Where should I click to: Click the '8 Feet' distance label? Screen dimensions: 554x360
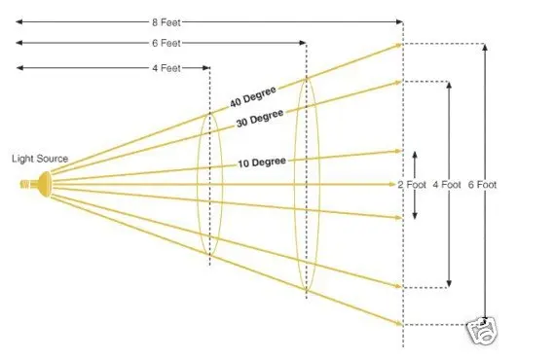(166, 22)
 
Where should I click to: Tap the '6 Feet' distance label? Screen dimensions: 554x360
(166, 43)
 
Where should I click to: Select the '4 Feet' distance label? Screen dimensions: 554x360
(166, 68)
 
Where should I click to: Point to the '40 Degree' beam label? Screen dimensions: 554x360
(252, 96)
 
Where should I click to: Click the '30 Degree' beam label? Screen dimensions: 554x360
(260, 118)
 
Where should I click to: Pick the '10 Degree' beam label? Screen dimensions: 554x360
(262, 162)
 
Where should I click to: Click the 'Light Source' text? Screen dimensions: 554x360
(40, 159)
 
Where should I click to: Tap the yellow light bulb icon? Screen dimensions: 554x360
(36, 184)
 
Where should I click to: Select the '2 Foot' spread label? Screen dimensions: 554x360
(412, 185)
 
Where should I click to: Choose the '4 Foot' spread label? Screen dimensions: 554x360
(447, 185)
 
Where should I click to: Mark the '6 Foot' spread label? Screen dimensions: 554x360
(482, 185)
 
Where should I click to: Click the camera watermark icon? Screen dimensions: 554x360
(482, 331)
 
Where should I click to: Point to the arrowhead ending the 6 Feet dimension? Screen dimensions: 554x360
(303, 43)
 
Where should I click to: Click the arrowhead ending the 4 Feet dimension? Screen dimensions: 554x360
(206, 67)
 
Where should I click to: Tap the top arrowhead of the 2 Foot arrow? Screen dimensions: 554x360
(415, 155)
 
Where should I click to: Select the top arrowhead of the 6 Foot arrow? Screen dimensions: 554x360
(485, 48)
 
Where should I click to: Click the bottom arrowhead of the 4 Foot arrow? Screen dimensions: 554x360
(449, 283)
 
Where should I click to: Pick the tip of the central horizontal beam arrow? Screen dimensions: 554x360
(395, 184)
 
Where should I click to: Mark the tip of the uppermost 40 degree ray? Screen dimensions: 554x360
(402, 45)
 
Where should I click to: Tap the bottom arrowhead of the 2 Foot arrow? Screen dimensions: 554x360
(415, 216)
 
